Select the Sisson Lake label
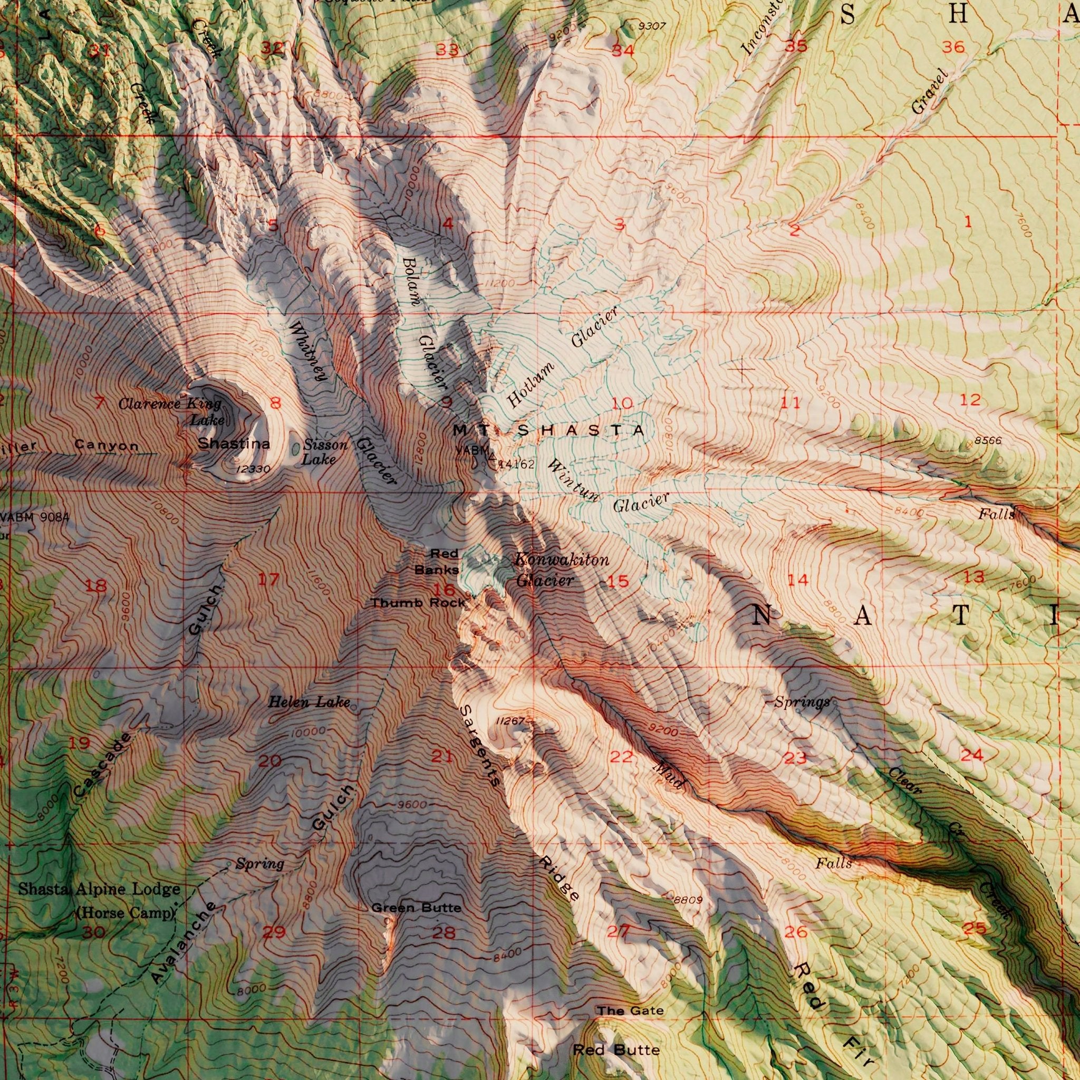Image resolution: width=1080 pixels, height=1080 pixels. [x=323, y=452]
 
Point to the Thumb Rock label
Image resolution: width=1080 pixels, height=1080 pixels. [x=418, y=603]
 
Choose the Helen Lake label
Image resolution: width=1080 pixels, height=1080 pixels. [x=308, y=702]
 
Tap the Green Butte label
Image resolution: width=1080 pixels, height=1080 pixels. [x=417, y=908]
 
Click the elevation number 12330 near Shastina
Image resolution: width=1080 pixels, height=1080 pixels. [x=253, y=469]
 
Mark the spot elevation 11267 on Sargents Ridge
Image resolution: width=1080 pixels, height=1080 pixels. [x=509, y=721]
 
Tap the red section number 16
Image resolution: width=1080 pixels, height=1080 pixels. [x=445, y=589]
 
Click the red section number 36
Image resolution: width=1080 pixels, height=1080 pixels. [x=953, y=47]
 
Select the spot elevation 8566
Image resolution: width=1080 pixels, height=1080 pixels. [x=988, y=441]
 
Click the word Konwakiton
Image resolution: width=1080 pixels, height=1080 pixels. [x=561, y=560]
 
